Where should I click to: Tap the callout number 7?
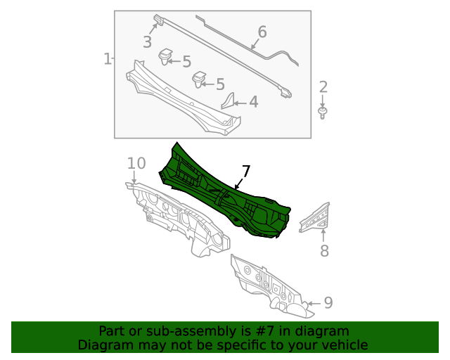(x=245, y=172)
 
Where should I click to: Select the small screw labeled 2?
(x=323, y=112)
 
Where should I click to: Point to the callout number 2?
(x=323, y=88)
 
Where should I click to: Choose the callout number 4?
(x=253, y=103)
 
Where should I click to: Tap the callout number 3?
(x=147, y=42)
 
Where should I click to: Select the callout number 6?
(x=262, y=32)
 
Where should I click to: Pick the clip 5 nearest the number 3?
(x=167, y=55)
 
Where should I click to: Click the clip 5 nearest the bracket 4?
(x=200, y=77)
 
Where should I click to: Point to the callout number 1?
(x=107, y=59)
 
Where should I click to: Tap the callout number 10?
(x=136, y=164)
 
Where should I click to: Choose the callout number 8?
(x=324, y=251)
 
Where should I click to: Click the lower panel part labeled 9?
(x=267, y=285)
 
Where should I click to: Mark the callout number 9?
(x=328, y=303)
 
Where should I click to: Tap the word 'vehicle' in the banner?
(x=344, y=345)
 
